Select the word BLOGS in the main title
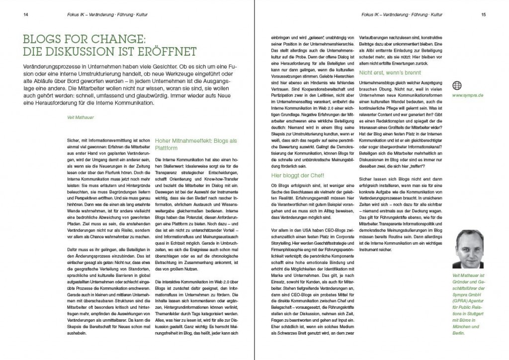42,39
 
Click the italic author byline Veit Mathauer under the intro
74,117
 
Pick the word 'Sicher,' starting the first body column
73,142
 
